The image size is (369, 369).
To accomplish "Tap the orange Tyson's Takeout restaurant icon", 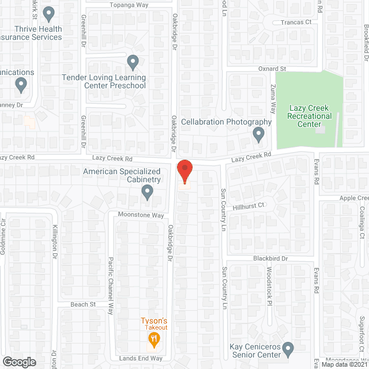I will click(x=153, y=341).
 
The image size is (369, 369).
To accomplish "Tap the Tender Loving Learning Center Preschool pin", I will click(x=133, y=61).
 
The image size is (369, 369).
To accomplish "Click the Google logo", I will click(x=19, y=362).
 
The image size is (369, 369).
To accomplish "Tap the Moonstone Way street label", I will click(x=141, y=215).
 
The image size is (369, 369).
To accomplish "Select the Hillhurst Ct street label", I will click(x=248, y=205).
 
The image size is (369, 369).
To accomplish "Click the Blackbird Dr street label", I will click(x=269, y=259).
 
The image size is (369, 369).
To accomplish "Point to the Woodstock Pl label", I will click(x=269, y=285).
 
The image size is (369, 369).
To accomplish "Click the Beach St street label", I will click(x=84, y=304).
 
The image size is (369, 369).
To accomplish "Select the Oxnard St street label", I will click(x=259, y=69).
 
